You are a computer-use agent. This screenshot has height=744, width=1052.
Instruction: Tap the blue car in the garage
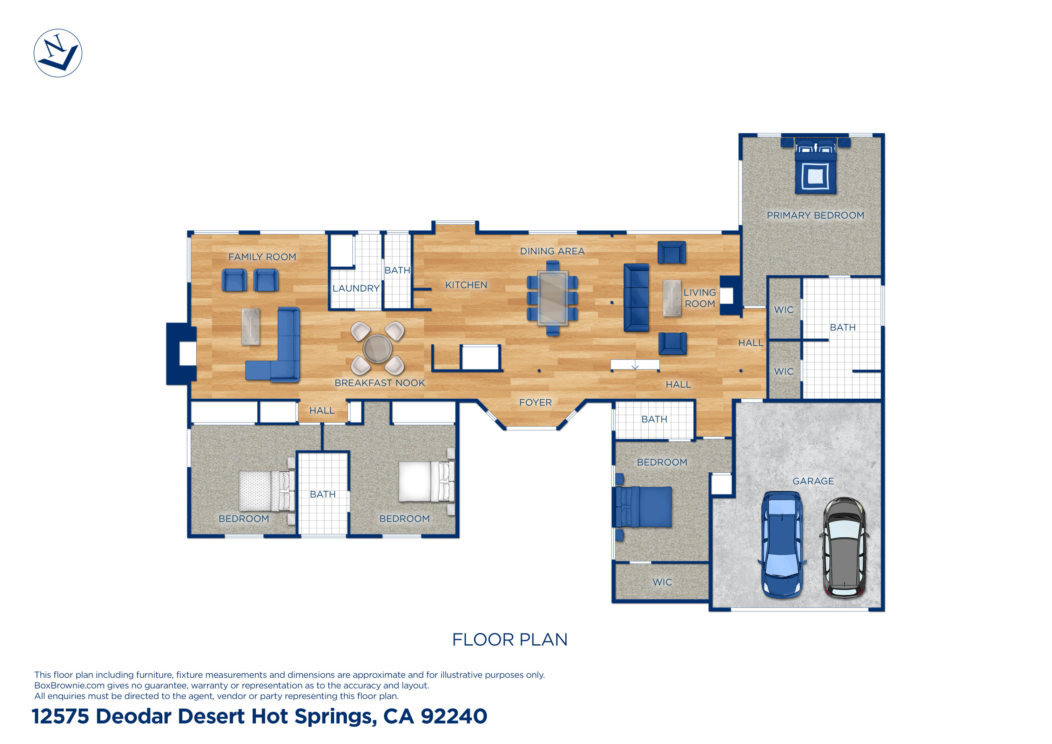click(782, 545)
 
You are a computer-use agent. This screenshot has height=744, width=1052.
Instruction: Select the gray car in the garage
click(844, 547)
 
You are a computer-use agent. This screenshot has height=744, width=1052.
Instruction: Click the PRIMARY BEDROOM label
click(816, 215)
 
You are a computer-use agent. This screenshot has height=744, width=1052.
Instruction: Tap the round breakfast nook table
click(377, 348)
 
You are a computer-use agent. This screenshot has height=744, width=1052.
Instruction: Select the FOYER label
click(535, 403)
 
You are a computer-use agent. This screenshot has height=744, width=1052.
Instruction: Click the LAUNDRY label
click(356, 288)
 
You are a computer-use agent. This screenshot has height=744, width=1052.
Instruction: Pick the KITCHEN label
click(466, 285)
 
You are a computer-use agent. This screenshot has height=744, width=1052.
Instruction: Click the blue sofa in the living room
click(636, 297)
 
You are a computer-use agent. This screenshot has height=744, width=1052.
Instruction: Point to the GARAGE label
click(813, 481)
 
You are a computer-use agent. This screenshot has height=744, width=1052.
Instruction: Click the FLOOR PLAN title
click(510, 639)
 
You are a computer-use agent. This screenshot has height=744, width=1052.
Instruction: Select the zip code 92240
click(454, 716)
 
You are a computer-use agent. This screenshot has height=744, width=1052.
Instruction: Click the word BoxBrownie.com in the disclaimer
click(69, 685)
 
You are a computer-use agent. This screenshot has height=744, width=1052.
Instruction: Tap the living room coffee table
click(672, 298)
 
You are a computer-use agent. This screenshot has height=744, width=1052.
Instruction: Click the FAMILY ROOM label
click(262, 257)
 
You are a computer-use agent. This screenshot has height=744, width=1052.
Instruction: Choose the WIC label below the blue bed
click(662, 582)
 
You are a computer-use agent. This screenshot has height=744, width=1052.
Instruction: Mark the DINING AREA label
click(552, 251)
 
